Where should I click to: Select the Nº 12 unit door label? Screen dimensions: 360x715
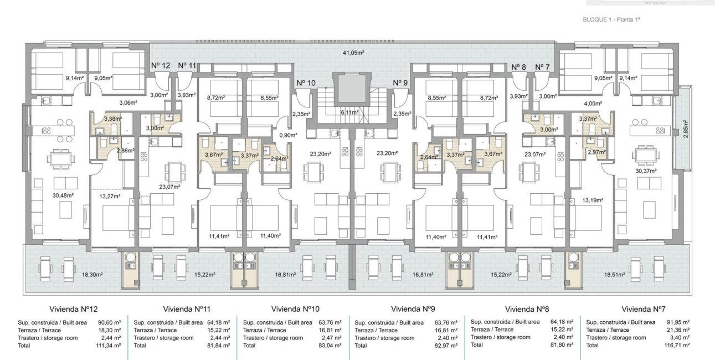tap(161, 66)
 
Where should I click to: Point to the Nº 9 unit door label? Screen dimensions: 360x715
tap(400, 83)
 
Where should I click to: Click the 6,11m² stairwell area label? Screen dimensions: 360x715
tap(349, 112)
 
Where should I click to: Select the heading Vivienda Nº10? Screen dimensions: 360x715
tap(295, 308)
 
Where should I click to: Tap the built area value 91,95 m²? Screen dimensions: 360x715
tap(678, 322)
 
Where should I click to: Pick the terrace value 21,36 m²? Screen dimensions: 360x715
tap(678, 330)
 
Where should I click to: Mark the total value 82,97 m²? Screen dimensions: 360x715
tap(446, 346)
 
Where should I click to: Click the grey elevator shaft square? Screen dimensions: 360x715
tap(349, 88)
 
